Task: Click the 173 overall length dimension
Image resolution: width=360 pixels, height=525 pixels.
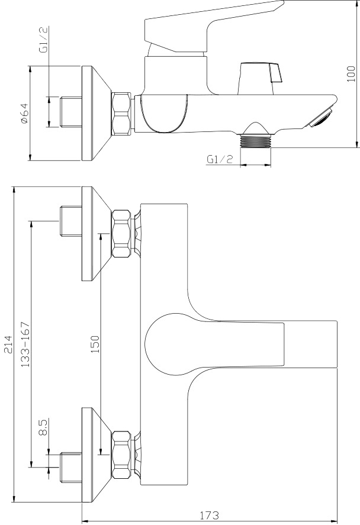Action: (209, 514)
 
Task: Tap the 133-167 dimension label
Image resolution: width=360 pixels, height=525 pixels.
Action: (25, 344)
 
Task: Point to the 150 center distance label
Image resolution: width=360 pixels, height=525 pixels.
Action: (95, 344)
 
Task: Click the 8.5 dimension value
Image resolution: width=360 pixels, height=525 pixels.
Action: (43, 427)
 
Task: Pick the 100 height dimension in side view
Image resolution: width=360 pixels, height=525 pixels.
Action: (351, 73)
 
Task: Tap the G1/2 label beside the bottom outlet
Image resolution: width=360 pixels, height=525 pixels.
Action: (220, 159)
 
